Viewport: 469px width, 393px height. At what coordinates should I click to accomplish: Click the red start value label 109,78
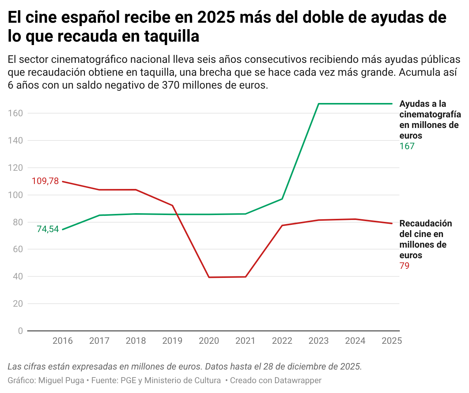[45, 181]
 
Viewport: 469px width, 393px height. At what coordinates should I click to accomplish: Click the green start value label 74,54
[48, 229]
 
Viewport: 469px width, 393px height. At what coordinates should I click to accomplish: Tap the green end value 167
[407, 146]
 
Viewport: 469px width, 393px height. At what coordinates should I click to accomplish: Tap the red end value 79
[404, 266]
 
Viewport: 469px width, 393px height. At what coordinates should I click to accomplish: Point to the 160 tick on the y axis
[15, 113]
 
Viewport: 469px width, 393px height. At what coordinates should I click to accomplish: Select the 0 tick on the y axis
[20, 331]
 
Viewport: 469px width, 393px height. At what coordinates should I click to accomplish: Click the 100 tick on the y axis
[15, 195]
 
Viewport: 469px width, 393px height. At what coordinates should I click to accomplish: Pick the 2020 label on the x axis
[209, 341]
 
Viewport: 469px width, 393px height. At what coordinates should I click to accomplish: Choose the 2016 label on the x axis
[62, 341]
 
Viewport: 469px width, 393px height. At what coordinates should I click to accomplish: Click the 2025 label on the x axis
[391, 341]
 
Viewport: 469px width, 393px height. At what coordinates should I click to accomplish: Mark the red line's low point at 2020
[209, 277]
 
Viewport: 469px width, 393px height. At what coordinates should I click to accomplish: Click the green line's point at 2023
[318, 104]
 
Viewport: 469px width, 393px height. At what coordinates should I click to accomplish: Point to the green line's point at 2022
[282, 199]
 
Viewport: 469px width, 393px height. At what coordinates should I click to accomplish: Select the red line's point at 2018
[136, 190]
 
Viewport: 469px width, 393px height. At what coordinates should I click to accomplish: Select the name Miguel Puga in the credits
[61, 381]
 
